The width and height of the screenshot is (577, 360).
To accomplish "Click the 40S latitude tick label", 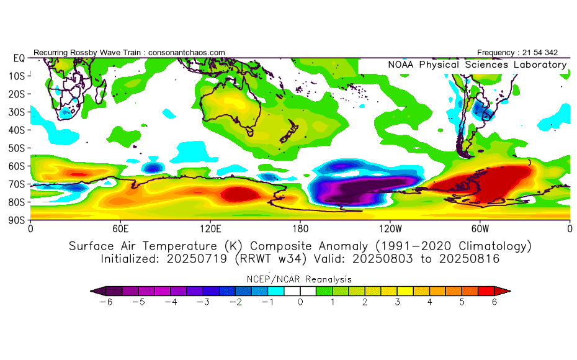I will (16, 130).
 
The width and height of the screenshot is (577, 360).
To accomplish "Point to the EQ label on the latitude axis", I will (19, 58).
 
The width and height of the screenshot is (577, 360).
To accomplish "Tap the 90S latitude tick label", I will (16, 220).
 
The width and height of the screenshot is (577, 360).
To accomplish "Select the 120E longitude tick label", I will (210, 228).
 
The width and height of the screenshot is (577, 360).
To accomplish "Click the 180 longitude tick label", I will (300, 228).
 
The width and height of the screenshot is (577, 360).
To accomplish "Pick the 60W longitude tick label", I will (480, 228).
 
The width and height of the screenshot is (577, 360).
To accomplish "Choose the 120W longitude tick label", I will (390, 228).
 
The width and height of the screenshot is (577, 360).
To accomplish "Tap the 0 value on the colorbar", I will (300, 302).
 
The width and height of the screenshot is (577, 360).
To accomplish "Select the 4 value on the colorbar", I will (429, 302).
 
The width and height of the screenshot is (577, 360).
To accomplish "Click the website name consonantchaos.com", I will (186, 52).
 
